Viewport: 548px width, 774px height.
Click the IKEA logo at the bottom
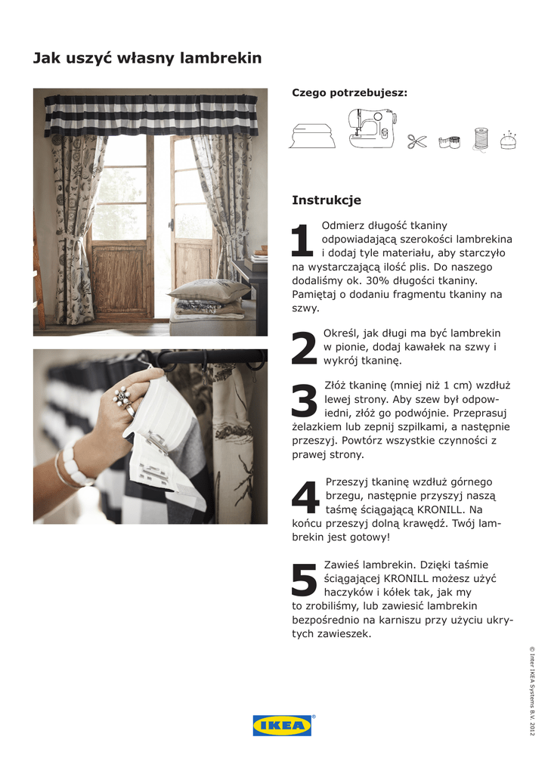click(282, 725)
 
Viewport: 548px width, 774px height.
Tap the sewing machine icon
click(373, 128)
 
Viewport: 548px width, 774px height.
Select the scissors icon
click(417, 141)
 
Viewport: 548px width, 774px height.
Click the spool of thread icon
click(481, 139)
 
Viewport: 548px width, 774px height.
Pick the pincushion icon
click(508, 140)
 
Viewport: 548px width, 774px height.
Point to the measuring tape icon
click(449, 142)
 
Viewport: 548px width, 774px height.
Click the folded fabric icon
click(312, 136)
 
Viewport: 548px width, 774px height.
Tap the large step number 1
click(302, 240)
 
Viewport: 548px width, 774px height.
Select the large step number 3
click(304, 401)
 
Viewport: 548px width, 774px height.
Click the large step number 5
click(304, 580)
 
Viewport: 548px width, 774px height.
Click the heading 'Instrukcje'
click(327, 200)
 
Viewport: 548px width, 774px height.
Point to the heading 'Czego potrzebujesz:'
click(349, 93)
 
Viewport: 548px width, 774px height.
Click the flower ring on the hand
click(122, 396)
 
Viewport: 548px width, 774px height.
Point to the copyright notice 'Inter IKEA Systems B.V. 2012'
click(531, 691)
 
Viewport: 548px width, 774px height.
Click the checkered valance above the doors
click(151, 116)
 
